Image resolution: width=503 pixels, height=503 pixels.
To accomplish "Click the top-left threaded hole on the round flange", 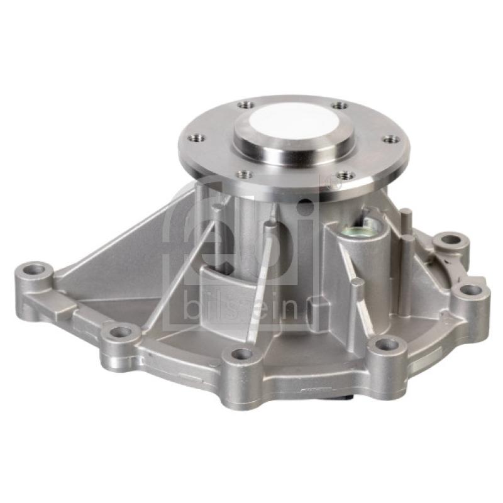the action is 246,104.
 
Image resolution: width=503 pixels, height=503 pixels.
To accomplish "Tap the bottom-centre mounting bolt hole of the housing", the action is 241,354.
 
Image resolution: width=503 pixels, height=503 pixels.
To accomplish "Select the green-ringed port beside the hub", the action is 357,231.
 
